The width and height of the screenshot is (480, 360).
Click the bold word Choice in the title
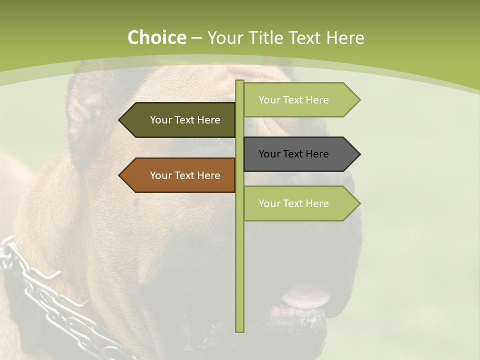156,37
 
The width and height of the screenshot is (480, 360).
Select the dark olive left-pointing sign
180,120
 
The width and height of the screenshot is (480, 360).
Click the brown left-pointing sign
180,175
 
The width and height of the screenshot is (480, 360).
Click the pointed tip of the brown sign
120,175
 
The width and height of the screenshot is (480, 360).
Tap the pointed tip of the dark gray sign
359,154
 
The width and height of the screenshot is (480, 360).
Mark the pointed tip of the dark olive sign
120,120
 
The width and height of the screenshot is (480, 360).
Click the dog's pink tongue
305,297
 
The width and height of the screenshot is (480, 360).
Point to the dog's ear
85,110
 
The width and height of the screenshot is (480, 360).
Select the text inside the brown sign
185,175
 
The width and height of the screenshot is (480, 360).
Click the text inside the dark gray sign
293,154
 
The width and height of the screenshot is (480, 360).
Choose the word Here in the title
345,37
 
